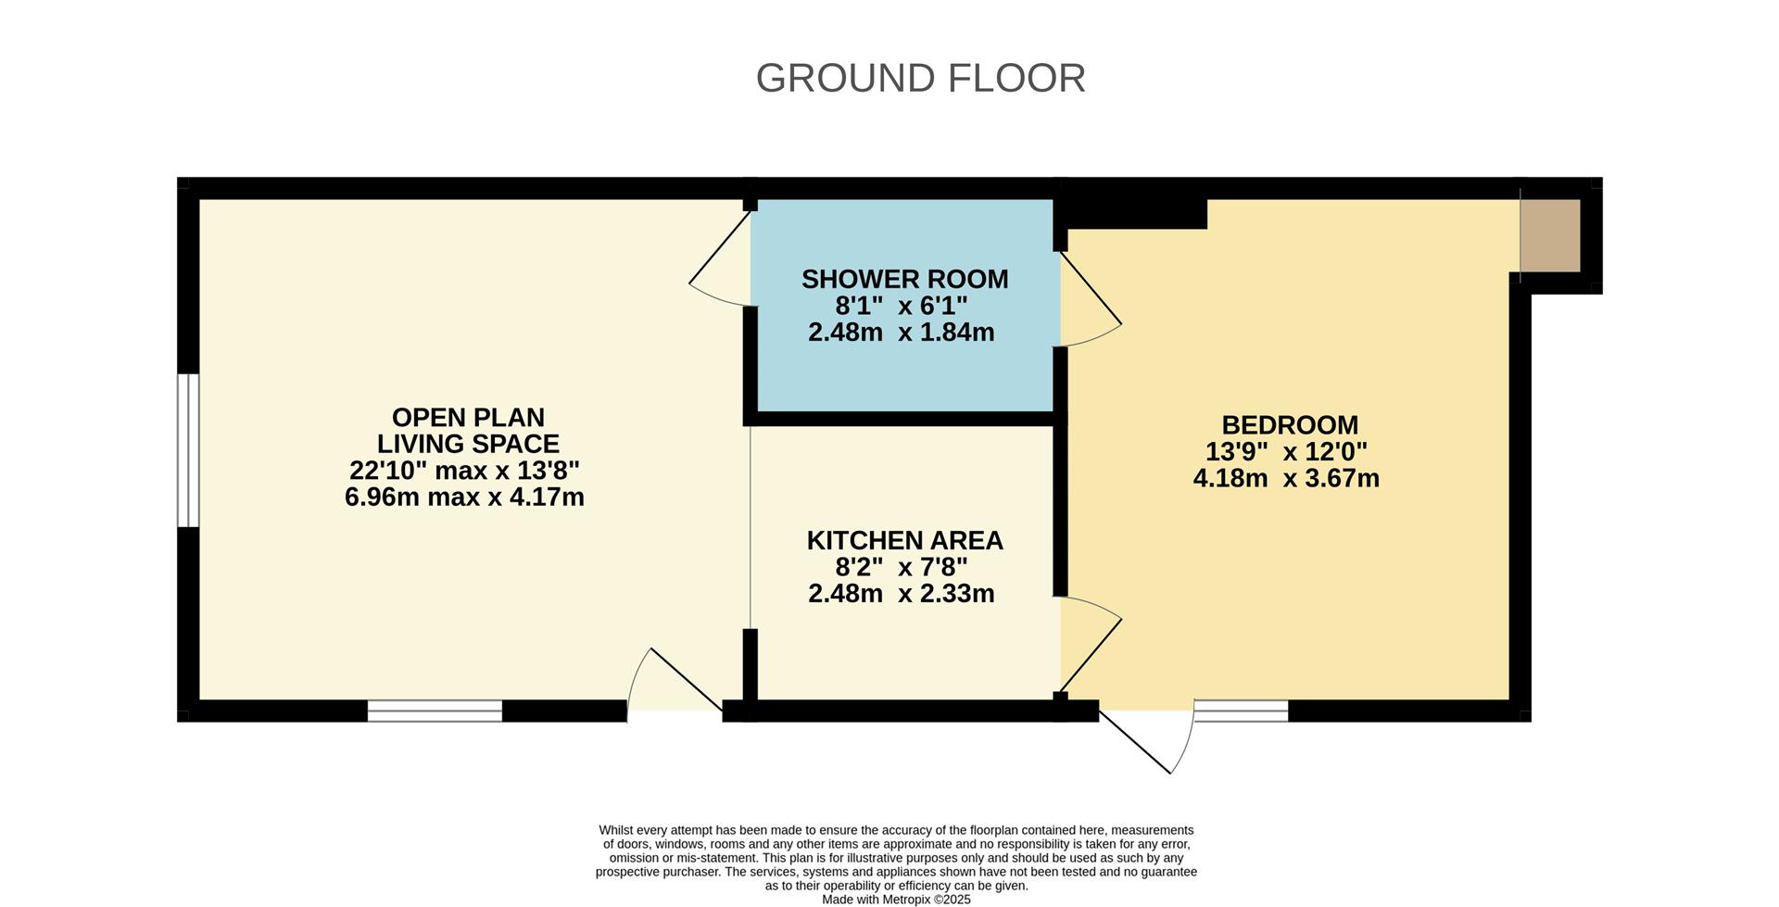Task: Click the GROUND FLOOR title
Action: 920,79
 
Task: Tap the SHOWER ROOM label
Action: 904,279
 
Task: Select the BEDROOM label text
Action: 1290,425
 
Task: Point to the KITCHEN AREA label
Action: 904,540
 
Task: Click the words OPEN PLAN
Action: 468,417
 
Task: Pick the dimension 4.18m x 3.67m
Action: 1286,479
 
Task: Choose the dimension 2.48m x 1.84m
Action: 901,333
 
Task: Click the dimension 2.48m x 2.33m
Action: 901,594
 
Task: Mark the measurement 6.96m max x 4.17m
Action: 464,498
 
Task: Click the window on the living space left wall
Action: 188,450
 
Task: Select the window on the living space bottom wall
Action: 435,711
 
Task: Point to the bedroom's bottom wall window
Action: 1241,711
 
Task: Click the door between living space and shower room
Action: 721,259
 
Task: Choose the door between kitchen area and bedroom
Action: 1091,645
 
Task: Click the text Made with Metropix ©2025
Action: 896,899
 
